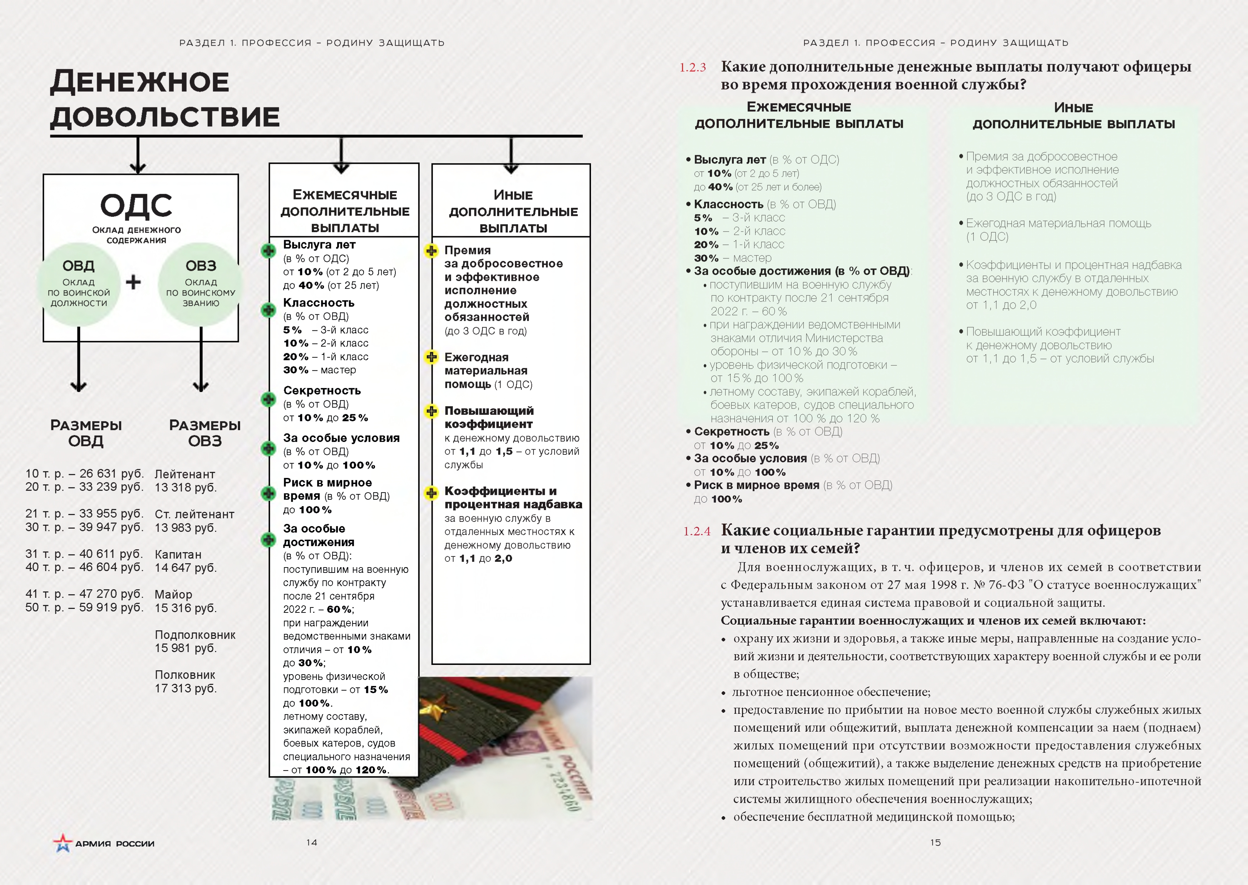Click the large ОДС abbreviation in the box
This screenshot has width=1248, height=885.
coord(136,205)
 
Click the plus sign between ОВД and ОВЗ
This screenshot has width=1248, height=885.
coord(133,282)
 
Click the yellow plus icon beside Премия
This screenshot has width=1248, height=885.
coord(431,251)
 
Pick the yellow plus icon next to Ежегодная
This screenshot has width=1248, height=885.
coord(431,357)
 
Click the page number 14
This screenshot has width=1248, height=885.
coord(311,843)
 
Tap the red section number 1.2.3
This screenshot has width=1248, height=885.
coord(692,67)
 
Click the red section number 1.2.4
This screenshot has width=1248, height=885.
coord(697,531)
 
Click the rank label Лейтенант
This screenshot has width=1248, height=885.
coord(185,474)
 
